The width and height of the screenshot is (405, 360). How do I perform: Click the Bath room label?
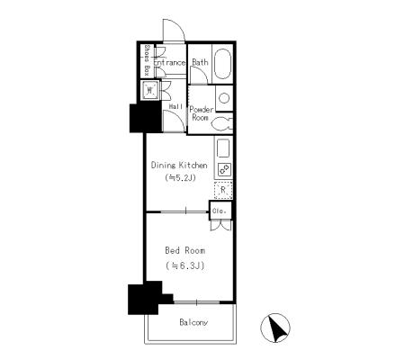(200, 62)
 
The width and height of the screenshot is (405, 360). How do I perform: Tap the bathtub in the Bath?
(222, 64)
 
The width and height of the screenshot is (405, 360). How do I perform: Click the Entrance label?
(169, 62)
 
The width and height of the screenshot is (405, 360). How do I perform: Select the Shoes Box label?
(147, 60)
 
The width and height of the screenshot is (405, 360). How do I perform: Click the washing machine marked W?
(150, 90)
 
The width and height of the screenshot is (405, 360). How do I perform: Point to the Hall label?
(176, 106)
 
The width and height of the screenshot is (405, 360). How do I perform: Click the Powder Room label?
(202, 113)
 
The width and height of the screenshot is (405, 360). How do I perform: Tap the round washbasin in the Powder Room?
(224, 98)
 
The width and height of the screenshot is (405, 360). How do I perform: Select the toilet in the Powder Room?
(222, 123)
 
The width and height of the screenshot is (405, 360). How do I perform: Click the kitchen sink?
(223, 148)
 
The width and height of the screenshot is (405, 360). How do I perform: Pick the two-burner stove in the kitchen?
(224, 169)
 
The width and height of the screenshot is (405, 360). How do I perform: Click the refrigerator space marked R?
(223, 190)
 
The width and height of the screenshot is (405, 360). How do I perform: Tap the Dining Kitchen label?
(179, 165)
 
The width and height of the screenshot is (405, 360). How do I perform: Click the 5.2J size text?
(180, 178)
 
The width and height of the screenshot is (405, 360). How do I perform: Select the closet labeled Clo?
(220, 211)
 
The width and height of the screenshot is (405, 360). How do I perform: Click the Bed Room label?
(185, 250)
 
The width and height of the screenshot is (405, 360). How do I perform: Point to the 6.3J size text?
(185, 265)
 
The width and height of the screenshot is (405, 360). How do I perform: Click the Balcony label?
(193, 322)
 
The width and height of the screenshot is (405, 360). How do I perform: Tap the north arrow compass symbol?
(275, 328)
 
